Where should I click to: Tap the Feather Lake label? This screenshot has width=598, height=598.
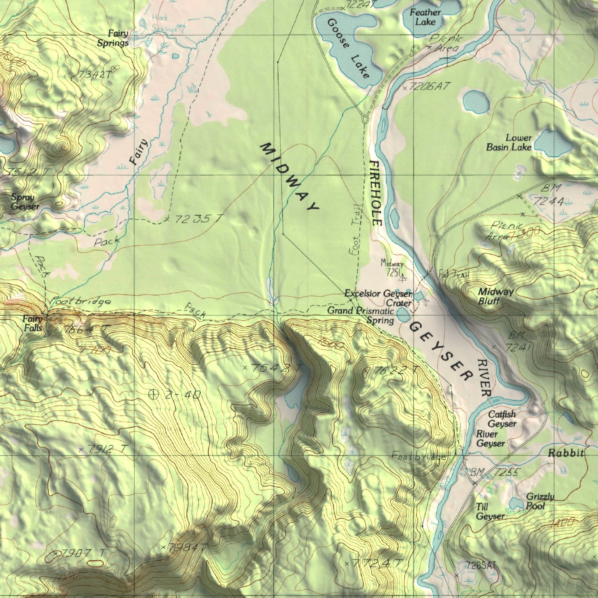tap(425, 17)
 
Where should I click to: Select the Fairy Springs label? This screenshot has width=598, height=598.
tap(113, 38)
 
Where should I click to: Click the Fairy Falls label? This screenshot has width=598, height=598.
tap(32, 323)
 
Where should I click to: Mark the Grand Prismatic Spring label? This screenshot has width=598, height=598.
tap(361, 315)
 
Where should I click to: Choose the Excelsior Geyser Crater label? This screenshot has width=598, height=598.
tap(379, 298)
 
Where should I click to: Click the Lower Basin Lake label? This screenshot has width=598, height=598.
tap(509, 143)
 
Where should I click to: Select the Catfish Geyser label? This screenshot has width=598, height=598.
tap(502, 419)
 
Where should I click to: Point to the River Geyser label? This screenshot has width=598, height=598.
tap(490, 439)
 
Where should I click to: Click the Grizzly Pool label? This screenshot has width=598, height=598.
tap(540, 501)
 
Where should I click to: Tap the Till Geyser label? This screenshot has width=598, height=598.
tap(490, 512)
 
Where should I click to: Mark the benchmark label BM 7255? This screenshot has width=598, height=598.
tap(494, 472)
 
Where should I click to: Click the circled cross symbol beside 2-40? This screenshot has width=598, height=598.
tap(153, 394)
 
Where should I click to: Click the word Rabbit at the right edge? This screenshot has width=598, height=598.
tap(566, 453)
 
